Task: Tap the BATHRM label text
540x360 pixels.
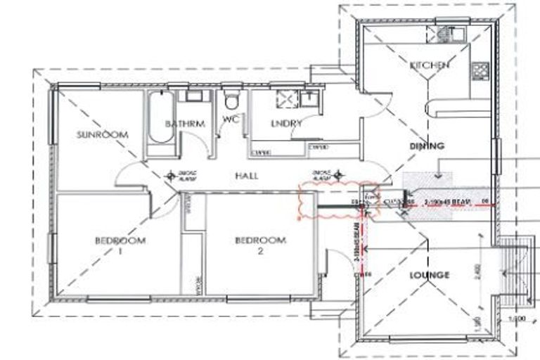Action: click(x=185, y=124)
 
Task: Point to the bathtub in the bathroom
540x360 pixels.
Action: click(x=158, y=117)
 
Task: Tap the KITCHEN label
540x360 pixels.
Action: click(x=429, y=65)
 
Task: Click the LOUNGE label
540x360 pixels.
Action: click(x=429, y=275)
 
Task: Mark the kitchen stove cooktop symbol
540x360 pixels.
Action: click(x=480, y=70)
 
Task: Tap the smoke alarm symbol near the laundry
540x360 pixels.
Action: click(x=337, y=173)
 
